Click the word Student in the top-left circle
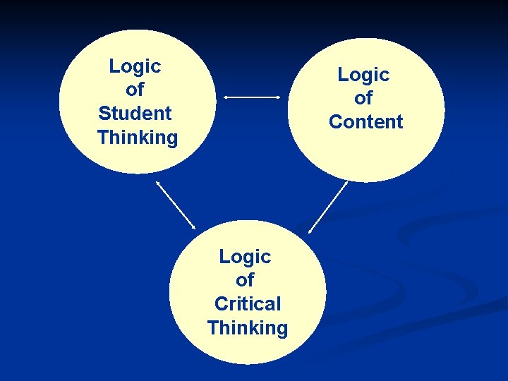coord(135,113)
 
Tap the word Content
coord(365,121)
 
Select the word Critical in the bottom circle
coord(247,303)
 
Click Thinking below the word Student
coord(138,137)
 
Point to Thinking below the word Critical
coord(248,327)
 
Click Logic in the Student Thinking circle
coord(135,66)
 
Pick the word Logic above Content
coord(363,74)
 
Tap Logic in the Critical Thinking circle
coord(245,256)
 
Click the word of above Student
coord(135,90)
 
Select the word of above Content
coord(363,98)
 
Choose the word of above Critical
coord(245,280)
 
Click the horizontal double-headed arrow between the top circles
coord(252,97)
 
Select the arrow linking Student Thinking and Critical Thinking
coord(176,205)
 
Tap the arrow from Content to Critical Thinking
coord(329,207)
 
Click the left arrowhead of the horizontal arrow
coord(226,97)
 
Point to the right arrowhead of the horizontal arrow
coord(278,97)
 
